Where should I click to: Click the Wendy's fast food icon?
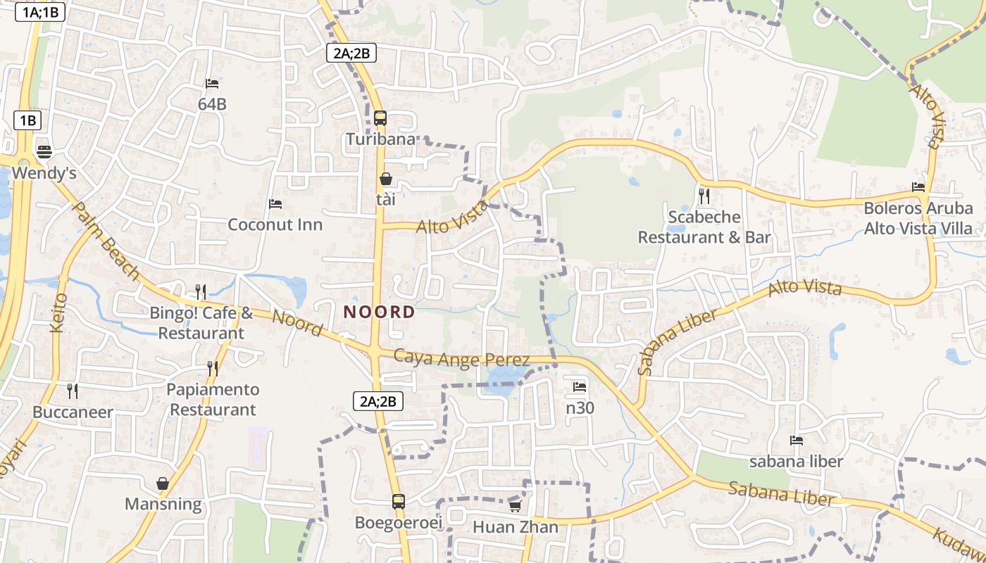[x=44, y=151]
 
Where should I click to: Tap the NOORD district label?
[x=379, y=312]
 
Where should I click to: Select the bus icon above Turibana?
[x=380, y=118]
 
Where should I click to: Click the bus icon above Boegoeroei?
[x=398, y=502]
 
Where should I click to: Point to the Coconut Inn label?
[x=275, y=224]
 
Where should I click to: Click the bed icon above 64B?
[x=212, y=83]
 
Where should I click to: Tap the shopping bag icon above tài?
[x=385, y=179]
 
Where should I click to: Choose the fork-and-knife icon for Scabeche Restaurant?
[x=704, y=195]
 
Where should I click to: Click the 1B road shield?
[x=27, y=120]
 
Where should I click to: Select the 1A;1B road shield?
[x=40, y=11]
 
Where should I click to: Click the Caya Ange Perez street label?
[x=461, y=359]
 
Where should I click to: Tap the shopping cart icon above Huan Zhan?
[x=515, y=506]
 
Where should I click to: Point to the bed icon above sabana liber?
[x=797, y=441]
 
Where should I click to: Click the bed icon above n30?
[x=580, y=386]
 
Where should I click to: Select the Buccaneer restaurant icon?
[x=73, y=391]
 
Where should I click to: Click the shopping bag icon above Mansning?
[x=163, y=483]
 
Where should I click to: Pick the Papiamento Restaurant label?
[x=213, y=399]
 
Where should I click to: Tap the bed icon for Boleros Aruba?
[x=918, y=186]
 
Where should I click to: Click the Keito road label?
[x=59, y=312]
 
